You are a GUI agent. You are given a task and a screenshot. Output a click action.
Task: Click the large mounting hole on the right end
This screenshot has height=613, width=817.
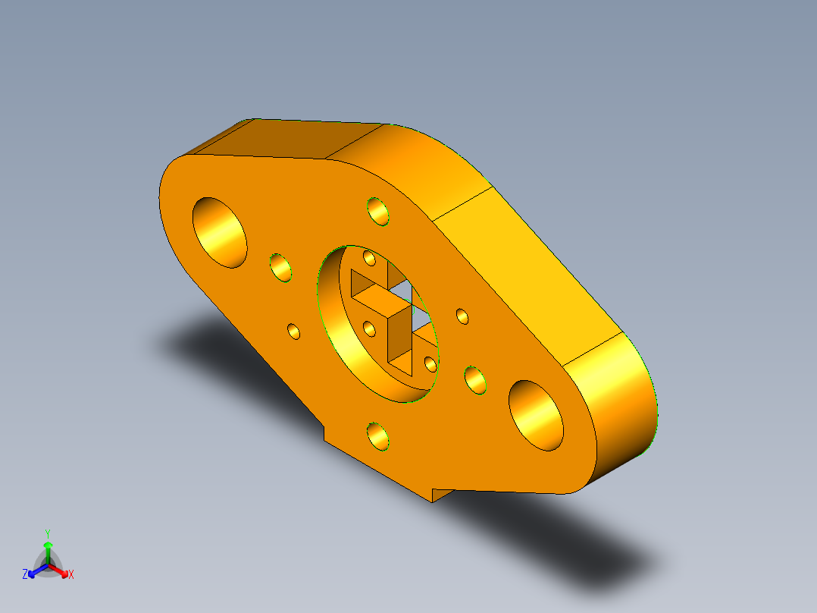pos(536,416)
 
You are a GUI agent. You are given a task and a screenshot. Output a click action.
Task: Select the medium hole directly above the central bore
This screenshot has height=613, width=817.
pos(377,211)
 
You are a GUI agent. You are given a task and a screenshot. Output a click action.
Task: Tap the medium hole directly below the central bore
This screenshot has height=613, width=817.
pos(377,436)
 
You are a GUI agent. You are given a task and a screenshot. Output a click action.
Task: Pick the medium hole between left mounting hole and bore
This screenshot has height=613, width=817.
pos(280,267)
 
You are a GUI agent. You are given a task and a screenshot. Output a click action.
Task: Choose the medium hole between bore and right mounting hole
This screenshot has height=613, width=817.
pos(475,379)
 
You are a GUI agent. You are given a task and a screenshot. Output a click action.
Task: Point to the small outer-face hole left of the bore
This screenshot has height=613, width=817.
pos(293,331)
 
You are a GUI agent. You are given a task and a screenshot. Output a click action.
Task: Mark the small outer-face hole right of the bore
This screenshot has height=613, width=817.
pos(462,316)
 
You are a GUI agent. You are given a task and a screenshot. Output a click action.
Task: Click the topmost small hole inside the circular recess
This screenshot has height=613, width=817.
pos(370,259)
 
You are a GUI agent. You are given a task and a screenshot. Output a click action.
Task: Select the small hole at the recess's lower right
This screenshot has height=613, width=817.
pos(430,363)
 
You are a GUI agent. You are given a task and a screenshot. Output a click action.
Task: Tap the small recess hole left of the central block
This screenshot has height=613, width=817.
pos(370,329)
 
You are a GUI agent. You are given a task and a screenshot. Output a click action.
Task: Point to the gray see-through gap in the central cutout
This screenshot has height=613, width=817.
pos(402,289)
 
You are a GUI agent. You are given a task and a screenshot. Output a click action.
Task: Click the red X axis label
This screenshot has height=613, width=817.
pos(71,575)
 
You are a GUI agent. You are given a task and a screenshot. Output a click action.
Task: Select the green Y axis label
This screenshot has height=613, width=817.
pos(47,533)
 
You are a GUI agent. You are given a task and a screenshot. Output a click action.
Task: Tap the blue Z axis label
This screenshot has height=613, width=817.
pos(25,574)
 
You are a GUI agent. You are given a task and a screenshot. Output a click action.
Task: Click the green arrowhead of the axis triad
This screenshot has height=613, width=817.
pos(47,545)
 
